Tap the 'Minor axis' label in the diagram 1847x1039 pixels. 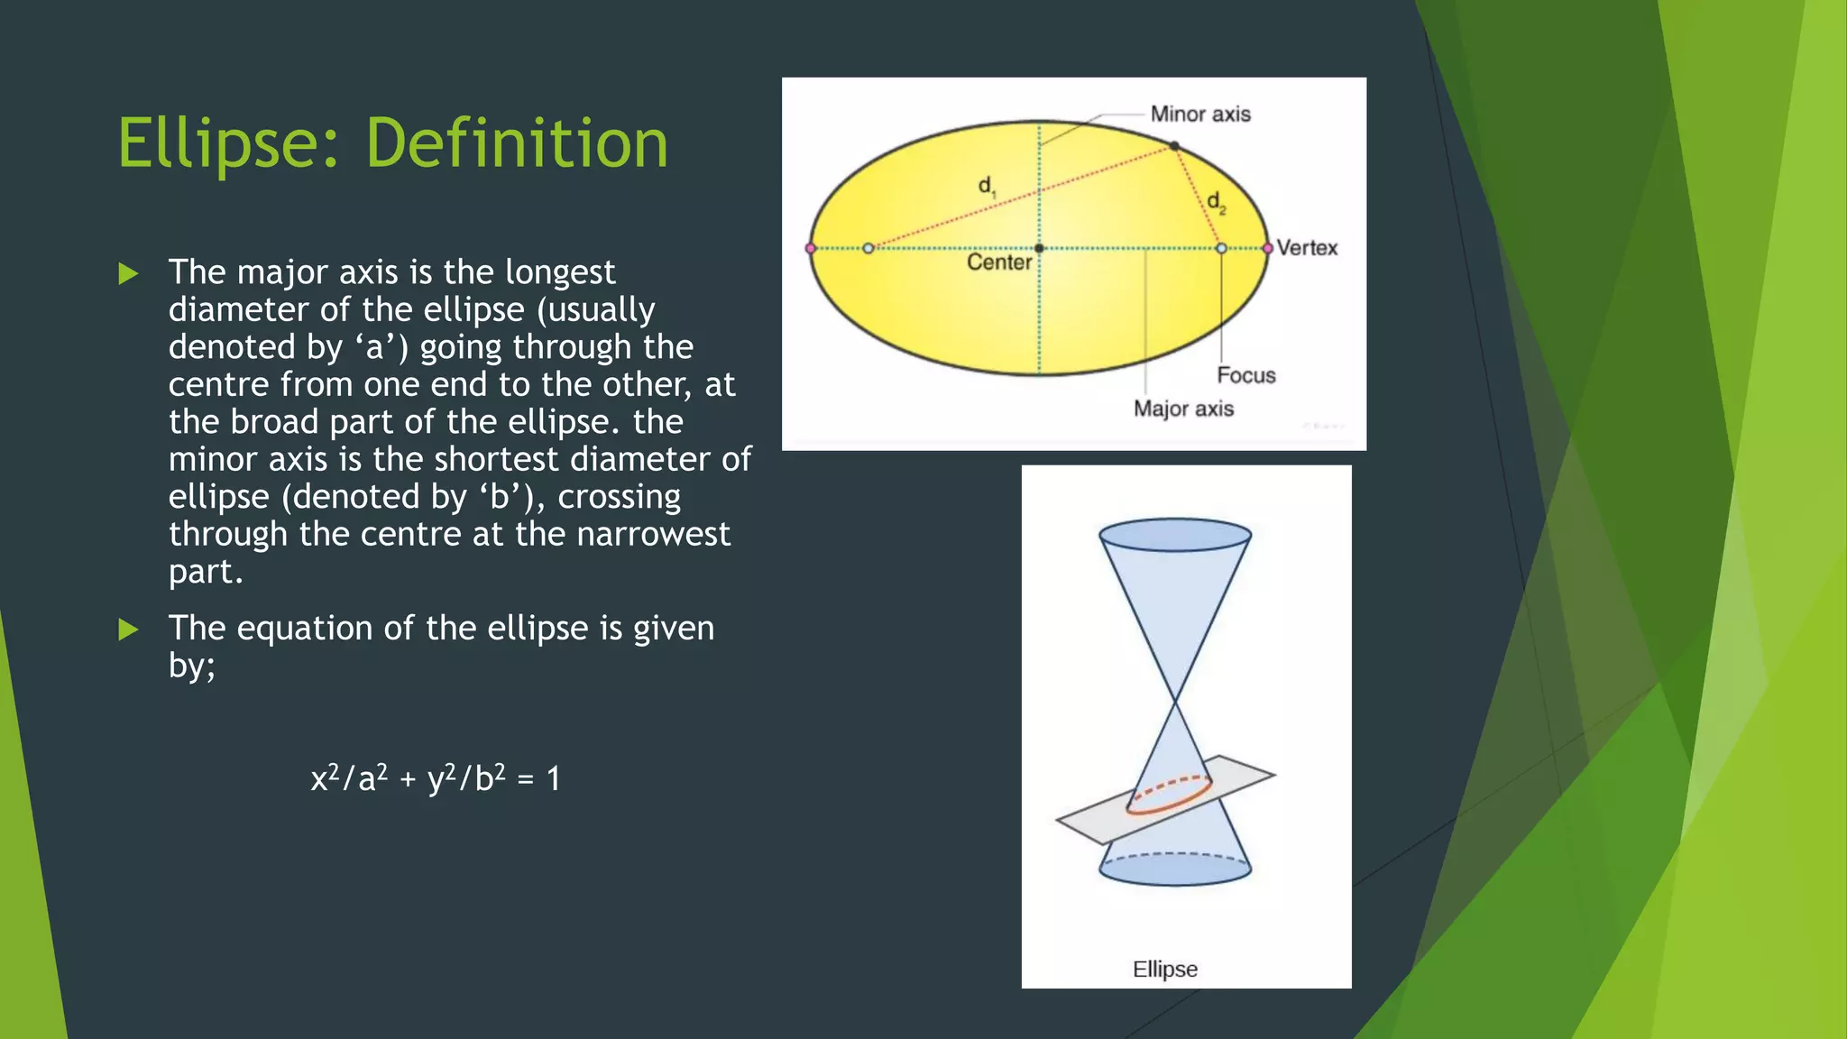click(x=1199, y=115)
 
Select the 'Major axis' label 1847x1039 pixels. click(x=1183, y=409)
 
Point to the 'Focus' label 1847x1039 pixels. click(x=1245, y=376)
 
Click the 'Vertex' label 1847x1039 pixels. click(x=1307, y=248)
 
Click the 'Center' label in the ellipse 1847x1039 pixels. click(x=998, y=262)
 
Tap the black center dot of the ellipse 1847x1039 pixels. click(x=1039, y=248)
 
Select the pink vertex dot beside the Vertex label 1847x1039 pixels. click(x=1267, y=248)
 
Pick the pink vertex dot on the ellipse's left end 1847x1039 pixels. click(x=811, y=248)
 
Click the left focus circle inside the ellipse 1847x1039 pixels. click(x=868, y=248)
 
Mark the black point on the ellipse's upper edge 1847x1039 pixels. click(x=1174, y=145)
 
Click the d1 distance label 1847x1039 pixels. click(x=987, y=187)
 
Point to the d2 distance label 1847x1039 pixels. click(x=1216, y=202)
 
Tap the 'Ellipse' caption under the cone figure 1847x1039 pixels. click(x=1164, y=970)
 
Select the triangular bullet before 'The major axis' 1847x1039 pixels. click(x=128, y=273)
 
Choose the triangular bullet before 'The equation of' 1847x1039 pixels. click(x=128, y=630)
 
